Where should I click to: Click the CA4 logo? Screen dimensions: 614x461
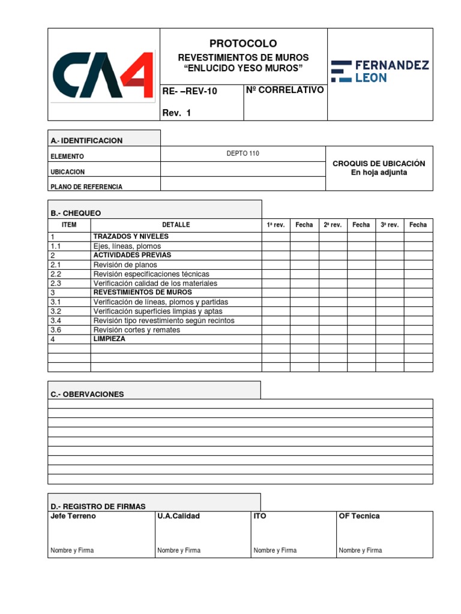(x=103, y=75)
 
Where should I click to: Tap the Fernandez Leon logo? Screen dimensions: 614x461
(x=380, y=71)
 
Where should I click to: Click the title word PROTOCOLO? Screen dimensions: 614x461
(x=243, y=44)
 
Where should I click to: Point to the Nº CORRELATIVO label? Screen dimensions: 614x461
(x=285, y=90)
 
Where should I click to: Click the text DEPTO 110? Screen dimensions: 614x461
(x=243, y=153)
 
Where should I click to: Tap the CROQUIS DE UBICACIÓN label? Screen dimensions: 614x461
(x=379, y=163)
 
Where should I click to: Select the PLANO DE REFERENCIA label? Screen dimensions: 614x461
(x=86, y=186)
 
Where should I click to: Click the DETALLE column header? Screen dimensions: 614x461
(x=176, y=225)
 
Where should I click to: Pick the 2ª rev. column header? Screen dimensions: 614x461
(x=333, y=225)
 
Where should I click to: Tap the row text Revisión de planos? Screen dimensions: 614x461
(x=125, y=264)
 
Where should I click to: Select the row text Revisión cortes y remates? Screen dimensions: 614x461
(x=137, y=330)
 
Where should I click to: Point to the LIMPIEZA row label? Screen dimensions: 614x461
(x=109, y=339)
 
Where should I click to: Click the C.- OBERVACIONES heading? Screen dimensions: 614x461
(x=87, y=394)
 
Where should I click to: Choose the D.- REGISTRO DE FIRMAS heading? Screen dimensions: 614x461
(x=98, y=507)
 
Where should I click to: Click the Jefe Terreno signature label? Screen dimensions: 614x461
(x=73, y=516)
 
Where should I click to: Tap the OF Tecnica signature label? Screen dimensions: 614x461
(x=359, y=516)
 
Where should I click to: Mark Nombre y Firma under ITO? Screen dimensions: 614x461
(x=275, y=550)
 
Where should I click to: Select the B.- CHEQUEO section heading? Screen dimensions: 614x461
(x=76, y=213)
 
